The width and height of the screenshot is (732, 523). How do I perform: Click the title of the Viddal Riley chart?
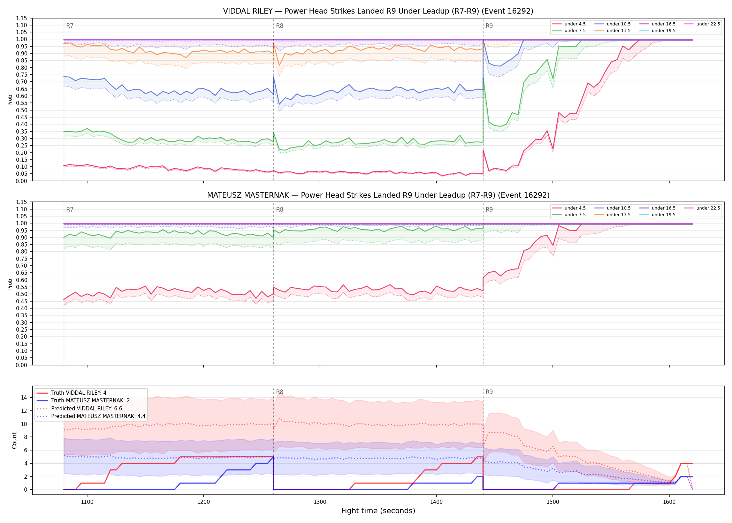[378, 11]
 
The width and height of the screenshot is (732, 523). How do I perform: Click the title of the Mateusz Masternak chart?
[378, 195]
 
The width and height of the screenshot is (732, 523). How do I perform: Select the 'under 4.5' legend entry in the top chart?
[569, 24]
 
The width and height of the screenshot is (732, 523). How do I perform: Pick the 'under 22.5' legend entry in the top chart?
[702, 24]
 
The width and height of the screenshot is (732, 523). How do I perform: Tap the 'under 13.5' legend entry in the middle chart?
[612, 215]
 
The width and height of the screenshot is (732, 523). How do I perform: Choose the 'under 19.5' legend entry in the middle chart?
[657, 215]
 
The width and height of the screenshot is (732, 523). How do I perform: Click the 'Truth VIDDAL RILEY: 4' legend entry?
[71, 393]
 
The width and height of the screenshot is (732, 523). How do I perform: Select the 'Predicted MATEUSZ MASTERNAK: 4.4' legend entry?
[91, 416]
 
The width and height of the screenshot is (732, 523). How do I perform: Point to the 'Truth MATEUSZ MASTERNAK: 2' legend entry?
[83, 401]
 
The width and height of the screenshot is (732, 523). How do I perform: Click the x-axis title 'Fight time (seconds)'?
[378, 511]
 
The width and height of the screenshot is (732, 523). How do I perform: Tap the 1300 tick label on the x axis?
[320, 502]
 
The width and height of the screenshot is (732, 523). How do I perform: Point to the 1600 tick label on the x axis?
[669, 502]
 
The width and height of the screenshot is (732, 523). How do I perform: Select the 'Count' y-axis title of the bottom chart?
[14, 440]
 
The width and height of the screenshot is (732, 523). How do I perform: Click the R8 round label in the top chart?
[280, 26]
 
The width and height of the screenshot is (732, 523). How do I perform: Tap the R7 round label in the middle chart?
[70, 210]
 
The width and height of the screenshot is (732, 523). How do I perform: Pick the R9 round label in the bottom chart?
[489, 392]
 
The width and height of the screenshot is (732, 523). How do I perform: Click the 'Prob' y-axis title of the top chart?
[10, 100]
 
